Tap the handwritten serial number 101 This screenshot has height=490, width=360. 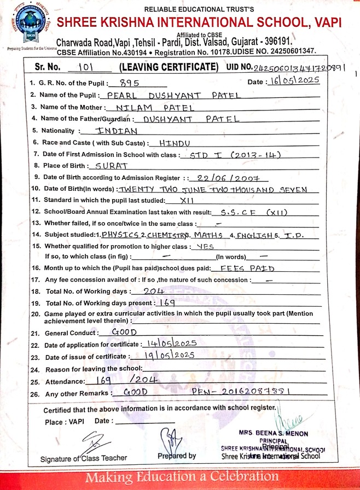[88, 67]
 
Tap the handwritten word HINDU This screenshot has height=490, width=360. [174, 143]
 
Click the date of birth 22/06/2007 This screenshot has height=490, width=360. [233, 177]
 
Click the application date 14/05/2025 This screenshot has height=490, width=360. [172, 344]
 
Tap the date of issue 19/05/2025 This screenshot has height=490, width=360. [166, 355]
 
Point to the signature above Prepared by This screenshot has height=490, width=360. [171, 437]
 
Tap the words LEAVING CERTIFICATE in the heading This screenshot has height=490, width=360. [169, 67]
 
